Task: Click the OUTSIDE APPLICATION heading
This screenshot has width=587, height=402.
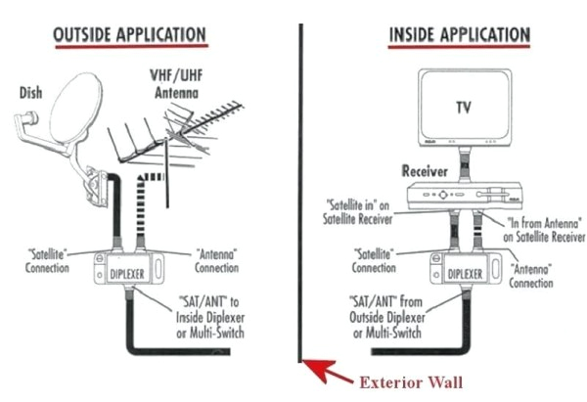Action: (130, 35)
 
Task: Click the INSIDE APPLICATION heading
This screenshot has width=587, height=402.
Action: (459, 35)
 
